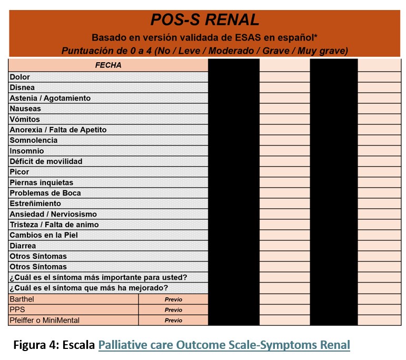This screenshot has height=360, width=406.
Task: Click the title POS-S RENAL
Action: pos(204,20)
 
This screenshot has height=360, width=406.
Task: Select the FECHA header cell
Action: pos(108,65)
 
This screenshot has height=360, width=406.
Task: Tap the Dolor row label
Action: pos(20,77)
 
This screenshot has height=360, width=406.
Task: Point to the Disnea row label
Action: pos(22,87)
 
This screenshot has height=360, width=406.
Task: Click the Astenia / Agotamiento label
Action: pos(50,98)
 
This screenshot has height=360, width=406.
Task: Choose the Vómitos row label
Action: pos(25,119)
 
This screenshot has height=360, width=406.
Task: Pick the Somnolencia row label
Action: pos(34,140)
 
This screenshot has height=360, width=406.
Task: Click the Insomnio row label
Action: pos(26,151)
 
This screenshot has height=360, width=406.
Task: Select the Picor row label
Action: pos(19,172)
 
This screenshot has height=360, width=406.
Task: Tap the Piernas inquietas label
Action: pos(42,182)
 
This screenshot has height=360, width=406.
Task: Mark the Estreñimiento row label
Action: pos(35,203)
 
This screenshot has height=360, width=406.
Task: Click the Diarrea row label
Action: pos(23,246)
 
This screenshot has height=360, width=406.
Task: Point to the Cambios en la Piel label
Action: pos(44,235)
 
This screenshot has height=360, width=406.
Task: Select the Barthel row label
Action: pos(22,299)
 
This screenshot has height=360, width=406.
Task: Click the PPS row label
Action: pos(17,309)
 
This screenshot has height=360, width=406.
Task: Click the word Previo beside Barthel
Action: pos(173,299)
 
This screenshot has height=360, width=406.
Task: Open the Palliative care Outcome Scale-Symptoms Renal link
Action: pos(224,345)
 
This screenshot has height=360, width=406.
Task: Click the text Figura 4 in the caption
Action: pos(36,345)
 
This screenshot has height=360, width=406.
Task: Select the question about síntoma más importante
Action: pos(98,277)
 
